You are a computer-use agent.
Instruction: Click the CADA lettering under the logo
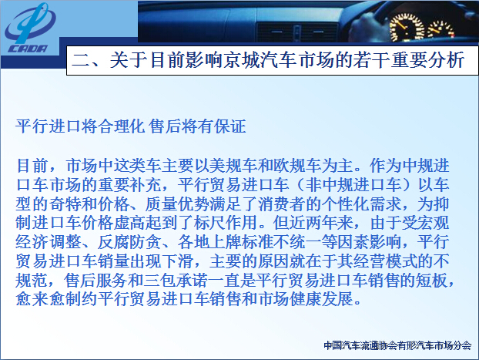[28, 49]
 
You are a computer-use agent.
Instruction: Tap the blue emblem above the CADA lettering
[30, 23]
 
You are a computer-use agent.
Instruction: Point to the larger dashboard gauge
[407, 28]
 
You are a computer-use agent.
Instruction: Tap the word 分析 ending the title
[446, 59]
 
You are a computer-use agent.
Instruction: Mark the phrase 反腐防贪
[129, 242]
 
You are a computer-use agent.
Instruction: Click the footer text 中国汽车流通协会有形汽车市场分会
[397, 345]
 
